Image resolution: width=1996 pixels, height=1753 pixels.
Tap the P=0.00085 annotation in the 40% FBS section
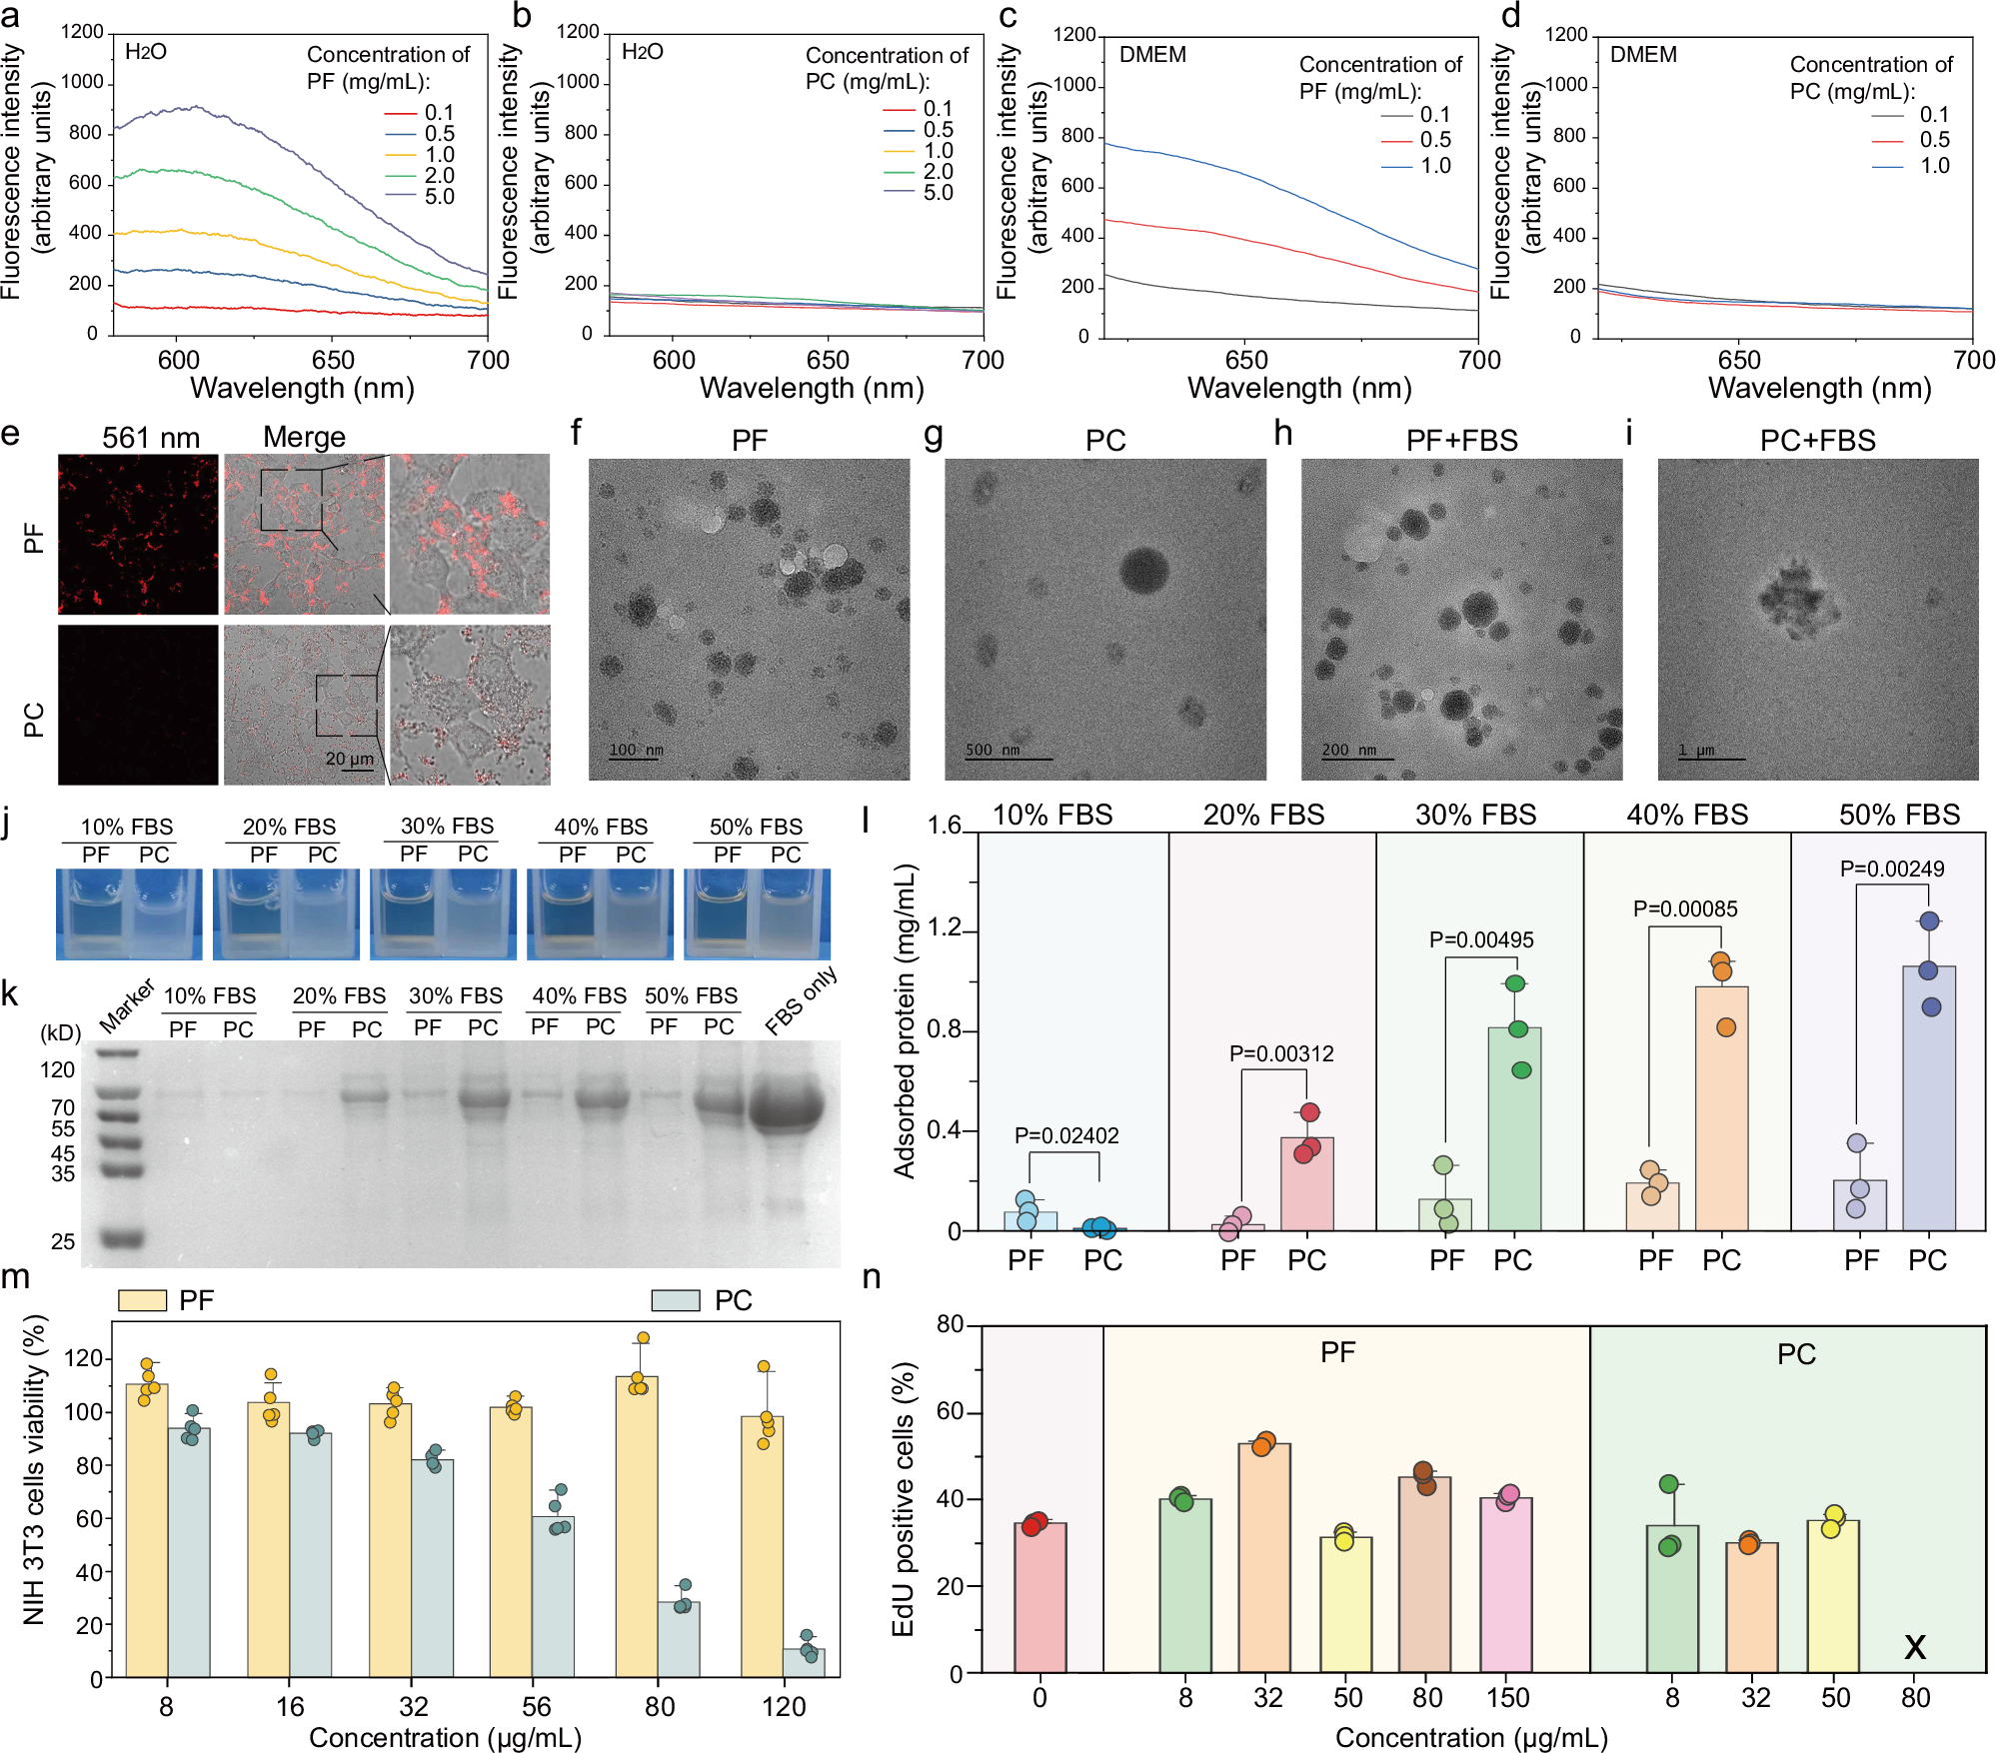click(1685, 908)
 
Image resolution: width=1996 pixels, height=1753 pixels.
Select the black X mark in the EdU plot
click(1914, 1646)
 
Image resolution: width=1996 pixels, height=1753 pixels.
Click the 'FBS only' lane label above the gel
click(800, 1001)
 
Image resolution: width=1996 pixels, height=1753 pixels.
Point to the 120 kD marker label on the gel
click(58, 1069)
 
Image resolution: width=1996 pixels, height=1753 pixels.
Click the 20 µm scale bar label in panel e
click(349, 759)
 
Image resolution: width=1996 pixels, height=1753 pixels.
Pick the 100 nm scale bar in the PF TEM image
click(636, 752)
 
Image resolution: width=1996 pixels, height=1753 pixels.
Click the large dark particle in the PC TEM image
click(1144, 570)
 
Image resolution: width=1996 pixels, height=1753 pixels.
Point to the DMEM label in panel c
click(1152, 55)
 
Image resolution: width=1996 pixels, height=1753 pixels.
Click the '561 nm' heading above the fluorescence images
click(151, 438)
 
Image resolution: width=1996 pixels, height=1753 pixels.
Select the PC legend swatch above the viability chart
click(675, 1300)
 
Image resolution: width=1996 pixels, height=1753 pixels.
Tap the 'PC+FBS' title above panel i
click(1817, 441)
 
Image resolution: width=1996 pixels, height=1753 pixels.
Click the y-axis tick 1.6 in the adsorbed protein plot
click(944, 825)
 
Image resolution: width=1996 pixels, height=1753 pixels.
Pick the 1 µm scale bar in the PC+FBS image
click(1711, 753)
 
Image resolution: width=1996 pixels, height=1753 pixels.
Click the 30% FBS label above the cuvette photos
click(447, 826)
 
